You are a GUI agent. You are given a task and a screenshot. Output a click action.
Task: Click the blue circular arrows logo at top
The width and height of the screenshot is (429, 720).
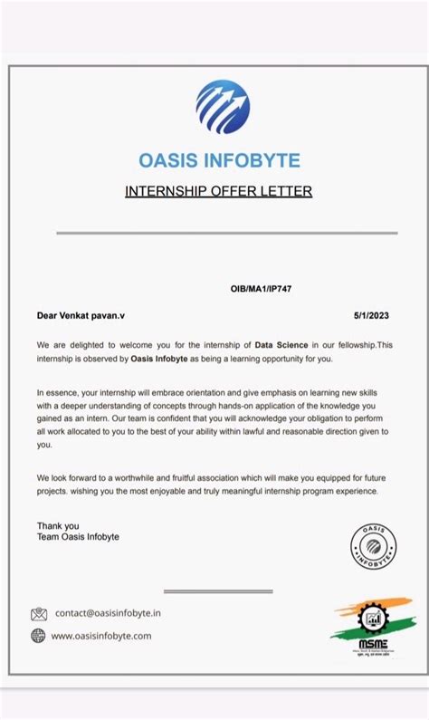(x=223, y=107)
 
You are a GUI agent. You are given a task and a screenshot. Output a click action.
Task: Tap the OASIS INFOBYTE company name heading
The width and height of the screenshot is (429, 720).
(x=219, y=161)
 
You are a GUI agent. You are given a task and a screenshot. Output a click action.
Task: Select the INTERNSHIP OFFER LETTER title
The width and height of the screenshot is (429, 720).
(x=218, y=191)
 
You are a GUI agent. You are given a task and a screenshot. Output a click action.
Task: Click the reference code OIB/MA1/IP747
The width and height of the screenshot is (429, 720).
(x=261, y=289)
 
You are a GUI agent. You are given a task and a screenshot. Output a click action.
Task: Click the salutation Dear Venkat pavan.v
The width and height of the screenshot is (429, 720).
(x=80, y=315)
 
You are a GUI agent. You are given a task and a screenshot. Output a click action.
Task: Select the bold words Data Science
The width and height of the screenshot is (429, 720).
(x=281, y=345)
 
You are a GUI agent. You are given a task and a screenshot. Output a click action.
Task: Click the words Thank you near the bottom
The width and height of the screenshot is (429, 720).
(x=58, y=525)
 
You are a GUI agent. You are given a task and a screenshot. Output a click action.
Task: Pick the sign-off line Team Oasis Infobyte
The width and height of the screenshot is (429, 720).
(x=78, y=537)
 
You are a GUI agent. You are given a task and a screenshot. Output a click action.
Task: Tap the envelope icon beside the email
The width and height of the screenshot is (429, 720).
(x=39, y=614)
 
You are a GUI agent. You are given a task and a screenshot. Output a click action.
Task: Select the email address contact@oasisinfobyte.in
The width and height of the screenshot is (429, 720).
(x=108, y=613)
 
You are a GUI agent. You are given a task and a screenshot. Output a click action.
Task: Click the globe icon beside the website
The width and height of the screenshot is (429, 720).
(x=38, y=636)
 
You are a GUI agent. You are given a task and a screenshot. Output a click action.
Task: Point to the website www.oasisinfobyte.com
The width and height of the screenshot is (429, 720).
(x=101, y=636)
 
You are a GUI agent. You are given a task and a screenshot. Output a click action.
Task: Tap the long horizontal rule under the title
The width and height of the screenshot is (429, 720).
(x=214, y=233)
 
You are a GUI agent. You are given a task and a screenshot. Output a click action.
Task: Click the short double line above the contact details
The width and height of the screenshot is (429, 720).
(x=218, y=591)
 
